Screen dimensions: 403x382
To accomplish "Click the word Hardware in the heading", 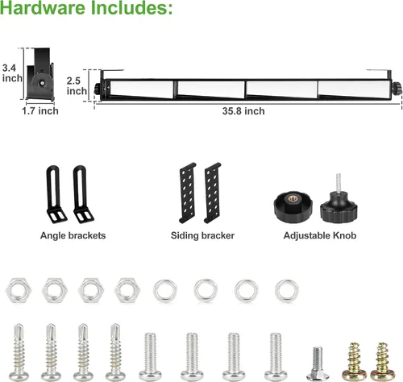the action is click(43, 7).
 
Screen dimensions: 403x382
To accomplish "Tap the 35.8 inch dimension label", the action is click(243, 111).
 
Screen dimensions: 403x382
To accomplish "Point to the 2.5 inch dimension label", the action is click(77, 86).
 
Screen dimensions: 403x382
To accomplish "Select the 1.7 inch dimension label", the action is click(40, 111).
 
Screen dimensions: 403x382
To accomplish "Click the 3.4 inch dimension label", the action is click(12, 73).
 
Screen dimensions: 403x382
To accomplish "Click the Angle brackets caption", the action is click(73, 235).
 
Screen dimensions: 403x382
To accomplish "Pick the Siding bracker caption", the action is click(202, 235).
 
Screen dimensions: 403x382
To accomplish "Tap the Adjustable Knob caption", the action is click(320, 235).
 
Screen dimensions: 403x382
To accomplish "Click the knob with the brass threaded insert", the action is click(293, 206).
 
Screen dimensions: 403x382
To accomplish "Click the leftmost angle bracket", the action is click(56, 194).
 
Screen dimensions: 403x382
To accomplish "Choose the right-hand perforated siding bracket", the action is click(213, 193).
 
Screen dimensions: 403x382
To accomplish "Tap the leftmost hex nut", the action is click(19, 290).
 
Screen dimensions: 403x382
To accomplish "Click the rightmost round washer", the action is click(286, 291).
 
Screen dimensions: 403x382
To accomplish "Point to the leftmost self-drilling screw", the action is click(19, 352).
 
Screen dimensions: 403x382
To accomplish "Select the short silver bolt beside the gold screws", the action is click(318, 363).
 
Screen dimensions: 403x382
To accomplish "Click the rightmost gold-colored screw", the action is click(382, 362).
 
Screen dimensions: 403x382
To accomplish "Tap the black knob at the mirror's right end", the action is click(397, 89).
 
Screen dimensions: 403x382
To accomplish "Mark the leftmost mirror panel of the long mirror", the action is click(142, 89).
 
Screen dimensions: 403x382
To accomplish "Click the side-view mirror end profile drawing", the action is click(41, 74).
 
